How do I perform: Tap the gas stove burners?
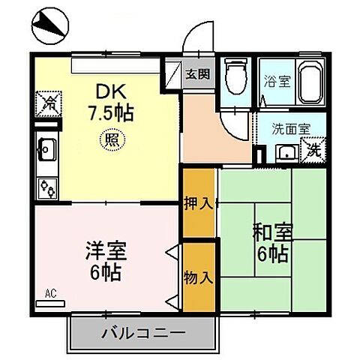click(x=46, y=187)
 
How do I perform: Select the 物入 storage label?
click(x=199, y=277)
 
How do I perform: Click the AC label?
click(x=51, y=294)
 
